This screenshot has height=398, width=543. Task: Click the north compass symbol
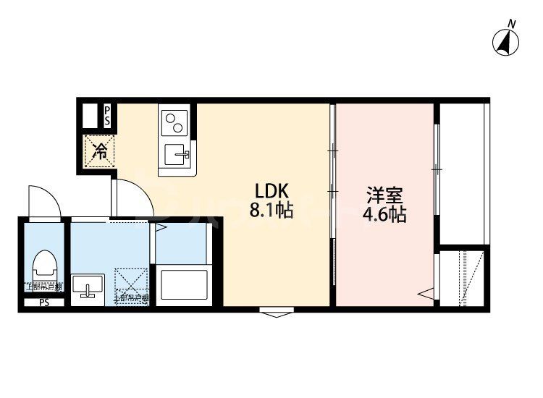[x=508, y=41]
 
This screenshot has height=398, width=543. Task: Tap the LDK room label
[x=271, y=191]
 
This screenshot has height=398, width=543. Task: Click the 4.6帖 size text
[x=384, y=215]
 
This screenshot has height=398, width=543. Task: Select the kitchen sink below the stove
[x=176, y=153]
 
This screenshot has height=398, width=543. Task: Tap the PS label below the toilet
[x=44, y=302]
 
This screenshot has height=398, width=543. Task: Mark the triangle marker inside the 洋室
[x=426, y=294]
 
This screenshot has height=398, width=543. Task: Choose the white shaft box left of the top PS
[x=90, y=116]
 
